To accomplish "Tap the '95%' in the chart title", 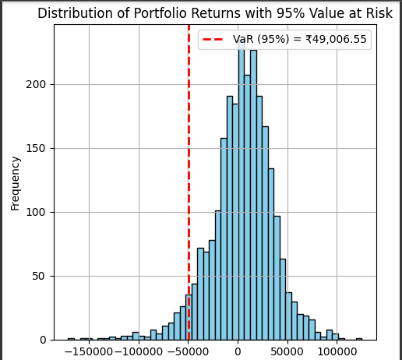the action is (290, 13).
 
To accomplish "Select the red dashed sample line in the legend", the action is (213, 39).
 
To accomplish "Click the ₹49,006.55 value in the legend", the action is (336, 39).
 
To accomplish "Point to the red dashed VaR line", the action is (189, 182).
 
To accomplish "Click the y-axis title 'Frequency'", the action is (16, 183).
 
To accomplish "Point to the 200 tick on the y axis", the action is (36, 85).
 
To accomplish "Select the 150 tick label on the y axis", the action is (36, 149).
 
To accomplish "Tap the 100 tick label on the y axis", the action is (36, 212).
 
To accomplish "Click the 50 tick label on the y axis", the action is (39, 276).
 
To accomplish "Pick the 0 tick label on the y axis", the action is (43, 340).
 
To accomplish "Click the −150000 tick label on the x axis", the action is (89, 351).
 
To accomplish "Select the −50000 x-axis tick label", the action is (189, 351).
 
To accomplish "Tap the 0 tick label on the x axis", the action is (238, 351).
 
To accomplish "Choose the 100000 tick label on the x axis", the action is (337, 351).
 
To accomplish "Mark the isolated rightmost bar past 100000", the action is (359, 339).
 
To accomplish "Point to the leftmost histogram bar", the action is (71, 339).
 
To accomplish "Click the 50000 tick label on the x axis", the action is (287, 351).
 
